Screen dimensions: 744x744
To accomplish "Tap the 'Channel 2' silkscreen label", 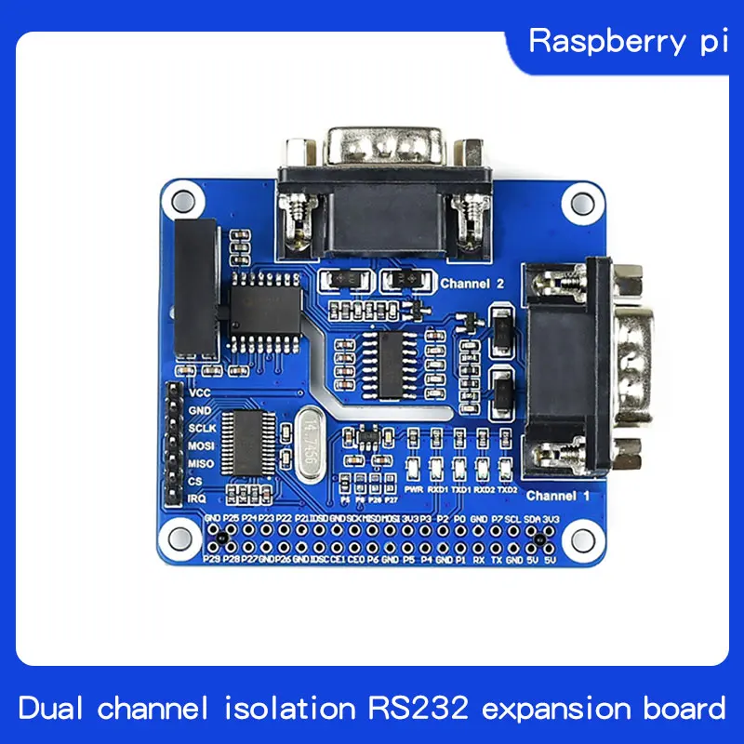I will click(472, 283).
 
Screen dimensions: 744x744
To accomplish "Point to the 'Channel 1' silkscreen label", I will click(558, 496).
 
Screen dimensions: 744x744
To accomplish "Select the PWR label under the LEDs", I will click(414, 487).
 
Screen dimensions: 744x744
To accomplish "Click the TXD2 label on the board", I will click(507, 487).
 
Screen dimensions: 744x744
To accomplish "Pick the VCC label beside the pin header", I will click(200, 393).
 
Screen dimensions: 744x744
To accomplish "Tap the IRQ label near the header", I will click(197, 498).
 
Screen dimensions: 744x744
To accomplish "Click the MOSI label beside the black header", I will click(202, 446).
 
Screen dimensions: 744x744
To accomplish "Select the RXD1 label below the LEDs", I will click(437, 487).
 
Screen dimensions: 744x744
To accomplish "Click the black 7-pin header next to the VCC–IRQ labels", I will click(174, 445).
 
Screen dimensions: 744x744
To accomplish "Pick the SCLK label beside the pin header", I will click(203, 429).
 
